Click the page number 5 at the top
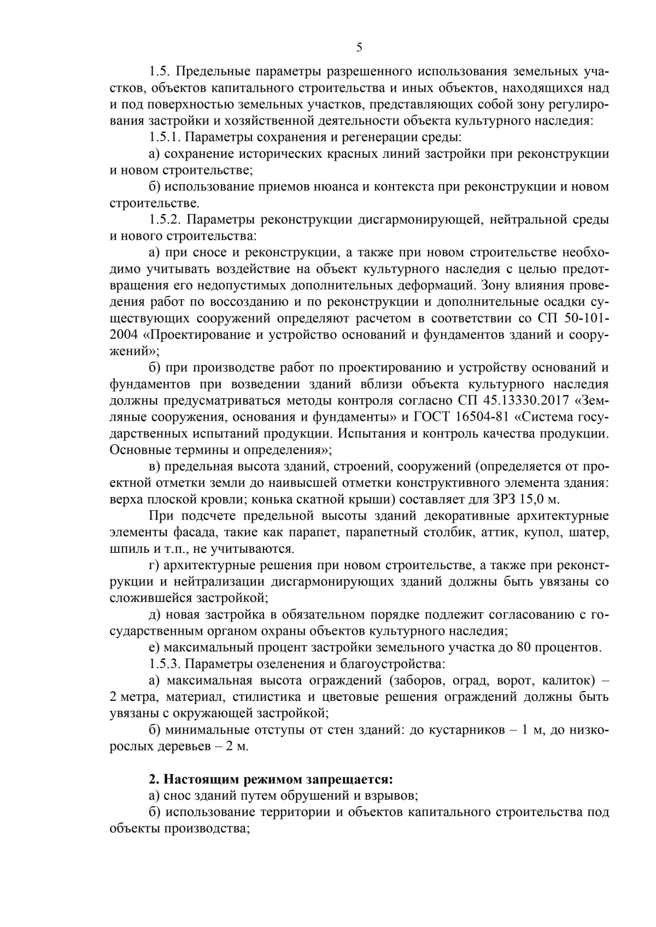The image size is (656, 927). (359, 48)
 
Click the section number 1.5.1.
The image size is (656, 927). (165, 137)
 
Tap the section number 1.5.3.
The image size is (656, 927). (165, 664)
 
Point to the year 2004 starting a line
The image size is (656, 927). (124, 335)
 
